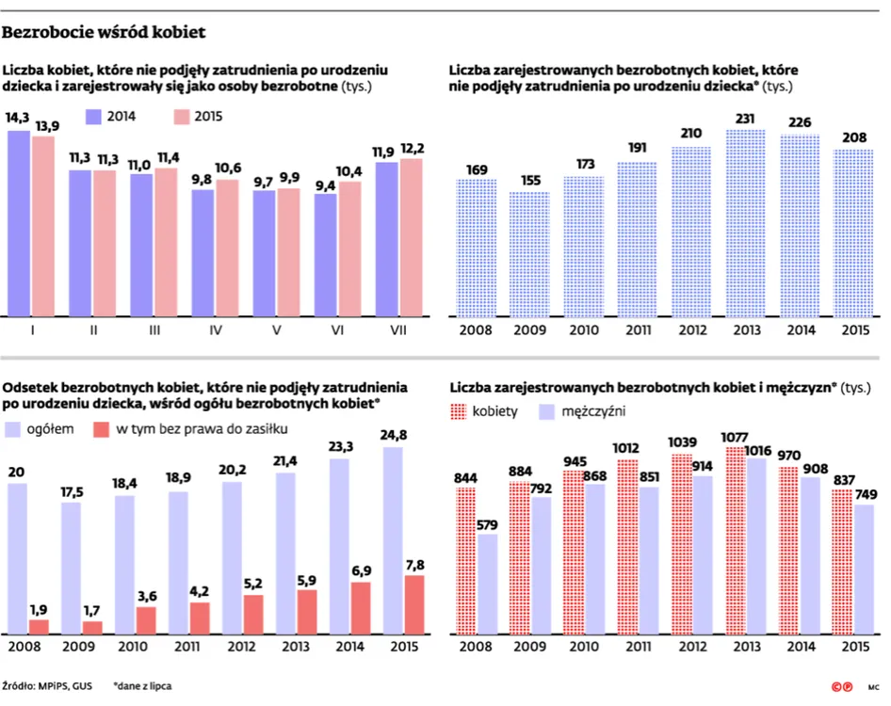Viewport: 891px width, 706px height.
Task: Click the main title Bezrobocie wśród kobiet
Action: [x=105, y=33]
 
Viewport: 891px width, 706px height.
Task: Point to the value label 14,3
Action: [x=17, y=118]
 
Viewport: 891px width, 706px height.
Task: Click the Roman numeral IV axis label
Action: [x=216, y=330]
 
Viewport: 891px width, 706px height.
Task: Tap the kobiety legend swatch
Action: [x=461, y=412]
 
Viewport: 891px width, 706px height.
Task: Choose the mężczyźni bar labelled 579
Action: [x=487, y=584]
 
